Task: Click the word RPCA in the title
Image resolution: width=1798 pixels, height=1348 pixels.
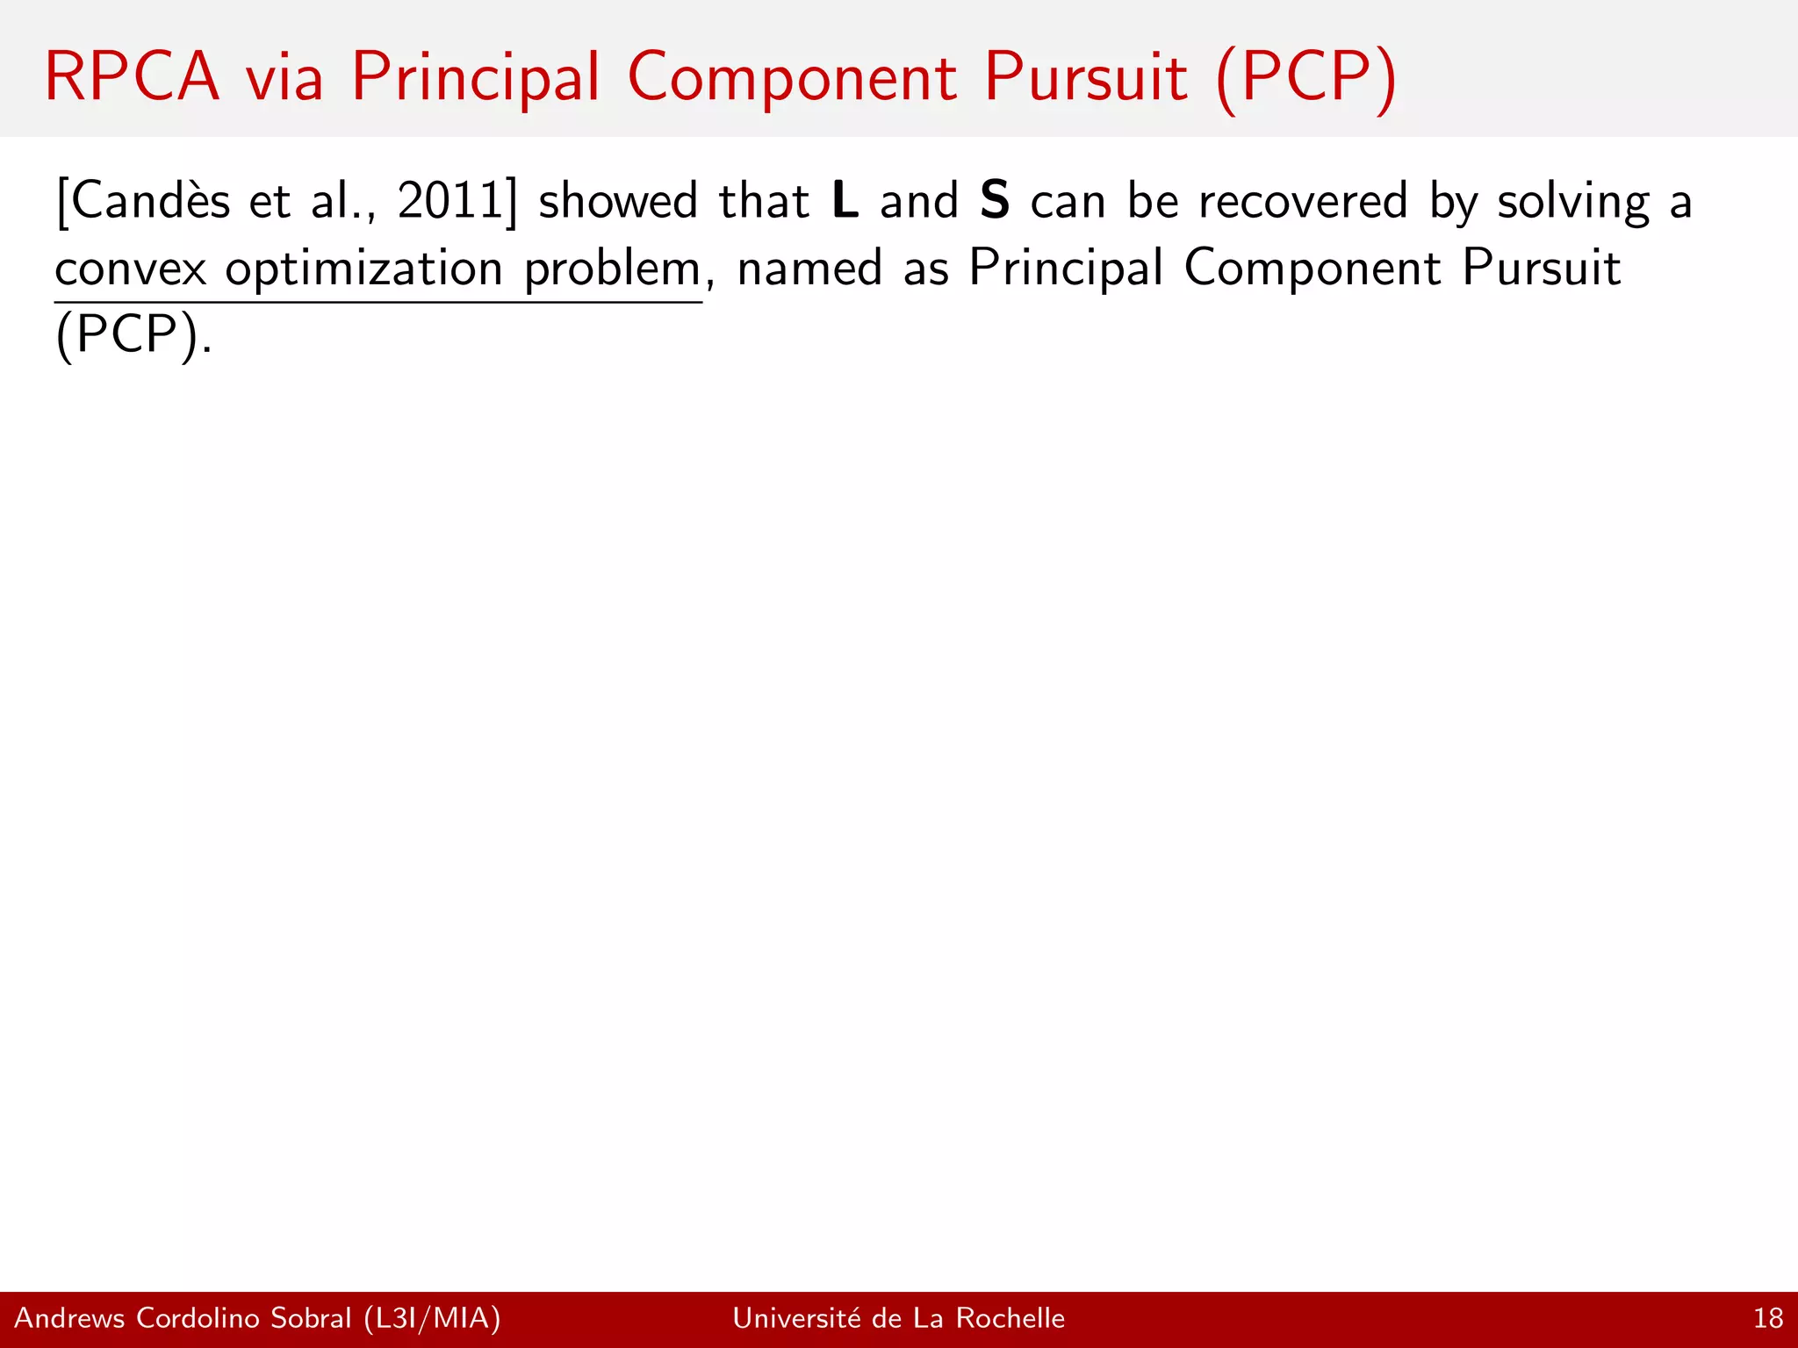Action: click(x=132, y=77)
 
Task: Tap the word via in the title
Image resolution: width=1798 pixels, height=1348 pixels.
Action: click(x=284, y=77)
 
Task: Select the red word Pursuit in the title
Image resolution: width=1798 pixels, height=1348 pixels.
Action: click(x=1085, y=77)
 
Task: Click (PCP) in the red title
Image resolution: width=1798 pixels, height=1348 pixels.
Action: click(x=1306, y=79)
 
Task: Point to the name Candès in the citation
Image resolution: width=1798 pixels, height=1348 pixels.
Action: click(x=150, y=201)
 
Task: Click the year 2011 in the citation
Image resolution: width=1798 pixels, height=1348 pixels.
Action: click(x=450, y=201)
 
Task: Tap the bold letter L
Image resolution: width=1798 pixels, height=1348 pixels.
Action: click(x=845, y=201)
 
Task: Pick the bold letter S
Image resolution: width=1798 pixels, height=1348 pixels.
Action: click(x=995, y=201)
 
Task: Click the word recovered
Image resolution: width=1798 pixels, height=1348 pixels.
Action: click(x=1303, y=201)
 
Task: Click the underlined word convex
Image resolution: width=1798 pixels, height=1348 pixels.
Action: click(x=131, y=269)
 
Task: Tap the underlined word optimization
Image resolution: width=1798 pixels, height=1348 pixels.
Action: click(x=363, y=269)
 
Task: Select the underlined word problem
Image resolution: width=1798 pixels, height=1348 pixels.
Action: click(x=612, y=269)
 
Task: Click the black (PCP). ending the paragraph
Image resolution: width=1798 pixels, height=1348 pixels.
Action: click(x=133, y=335)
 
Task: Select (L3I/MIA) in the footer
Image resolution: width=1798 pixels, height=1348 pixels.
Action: click(x=432, y=1318)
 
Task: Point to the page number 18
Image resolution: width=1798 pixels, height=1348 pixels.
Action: click(x=1768, y=1318)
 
